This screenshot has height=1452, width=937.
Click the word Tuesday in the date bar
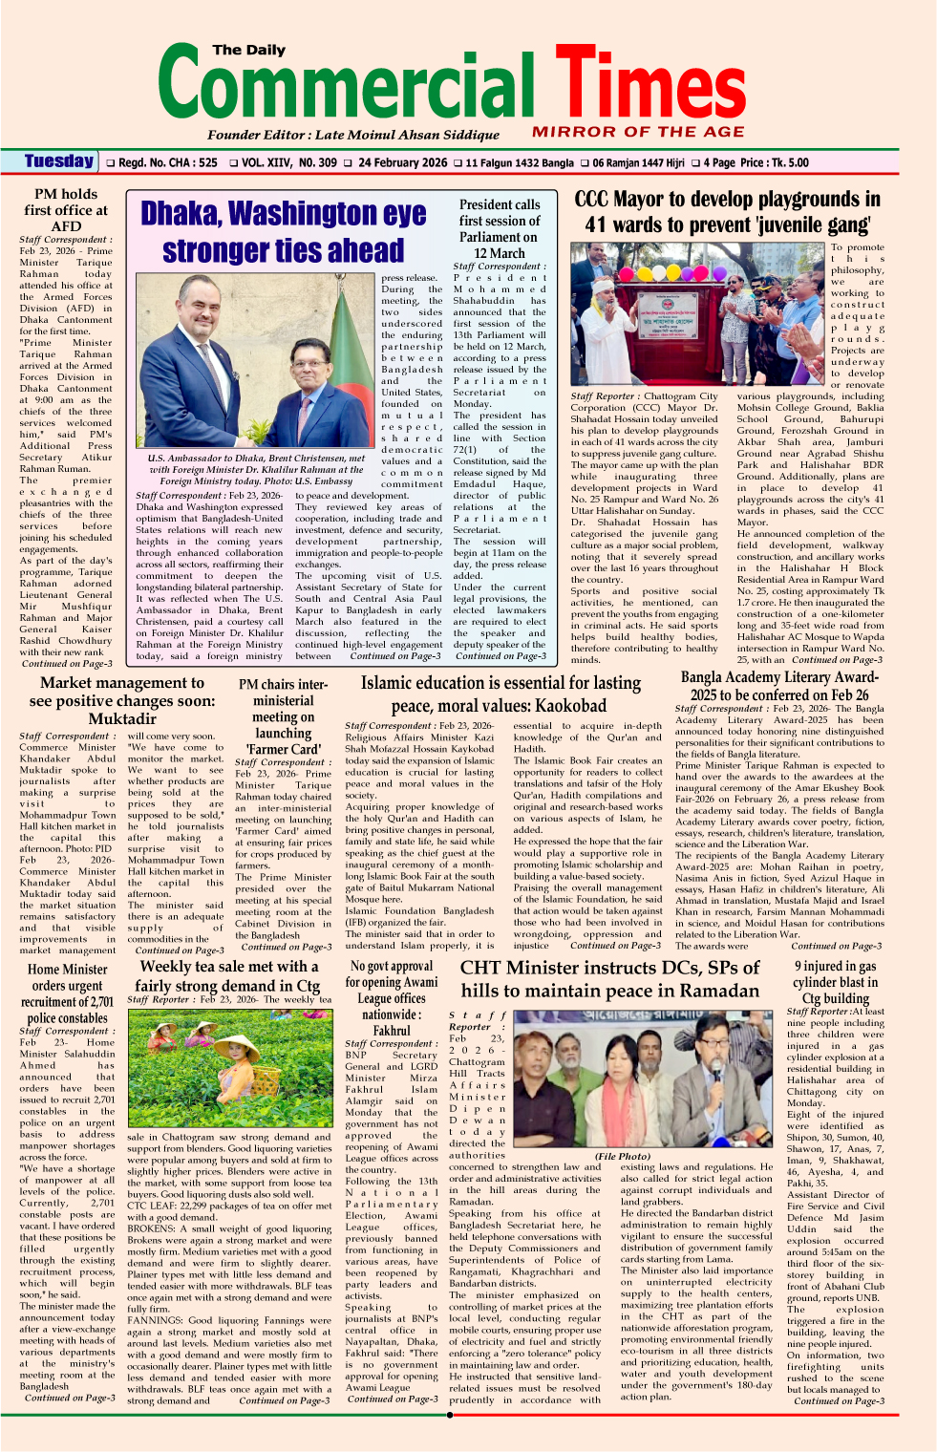point(59,161)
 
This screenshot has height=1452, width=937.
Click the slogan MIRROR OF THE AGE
point(638,132)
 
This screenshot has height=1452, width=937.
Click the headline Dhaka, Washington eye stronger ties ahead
point(284,231)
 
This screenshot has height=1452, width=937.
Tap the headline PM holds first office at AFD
point(66,210)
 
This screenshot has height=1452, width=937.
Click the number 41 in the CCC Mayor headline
point(597,225)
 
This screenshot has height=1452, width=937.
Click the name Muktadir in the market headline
point(121,718)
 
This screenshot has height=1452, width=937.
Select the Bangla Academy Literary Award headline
point(779,686)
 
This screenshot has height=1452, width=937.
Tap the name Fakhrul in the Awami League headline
point(392,1032)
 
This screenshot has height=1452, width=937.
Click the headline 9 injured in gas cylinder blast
point(835,982)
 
